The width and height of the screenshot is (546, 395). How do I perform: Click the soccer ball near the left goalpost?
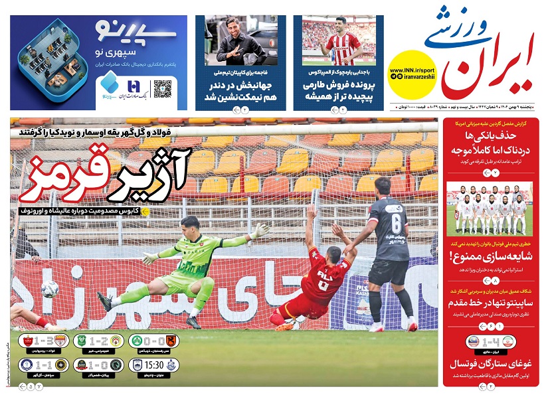[x=50, y=289]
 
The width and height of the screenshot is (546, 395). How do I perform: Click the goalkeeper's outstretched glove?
[x=262, y=230]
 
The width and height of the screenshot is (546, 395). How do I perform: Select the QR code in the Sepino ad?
[x=163, y=89]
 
